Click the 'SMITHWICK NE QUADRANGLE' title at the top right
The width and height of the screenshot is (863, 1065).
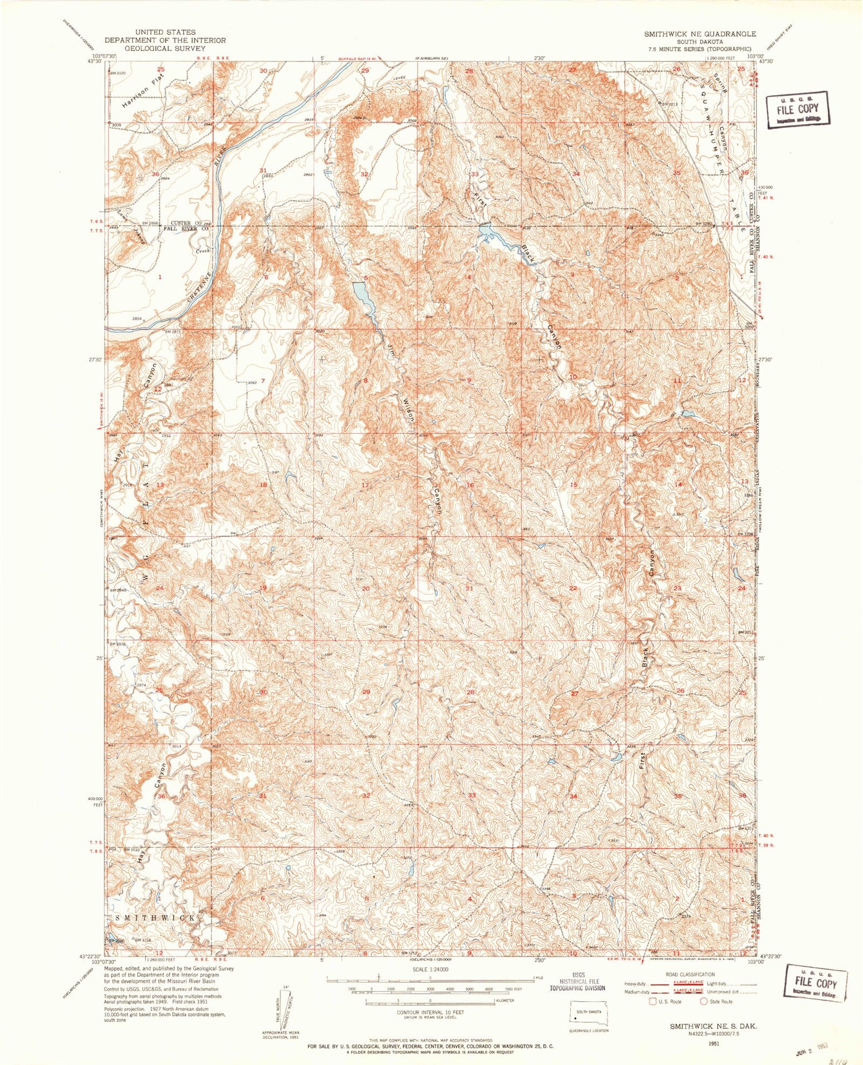[700, 34]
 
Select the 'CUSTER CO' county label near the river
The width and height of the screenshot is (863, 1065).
[185, 223]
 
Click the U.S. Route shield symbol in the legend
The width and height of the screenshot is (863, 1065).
[652, 1001]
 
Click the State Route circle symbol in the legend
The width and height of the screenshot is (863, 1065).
[703, 1001]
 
